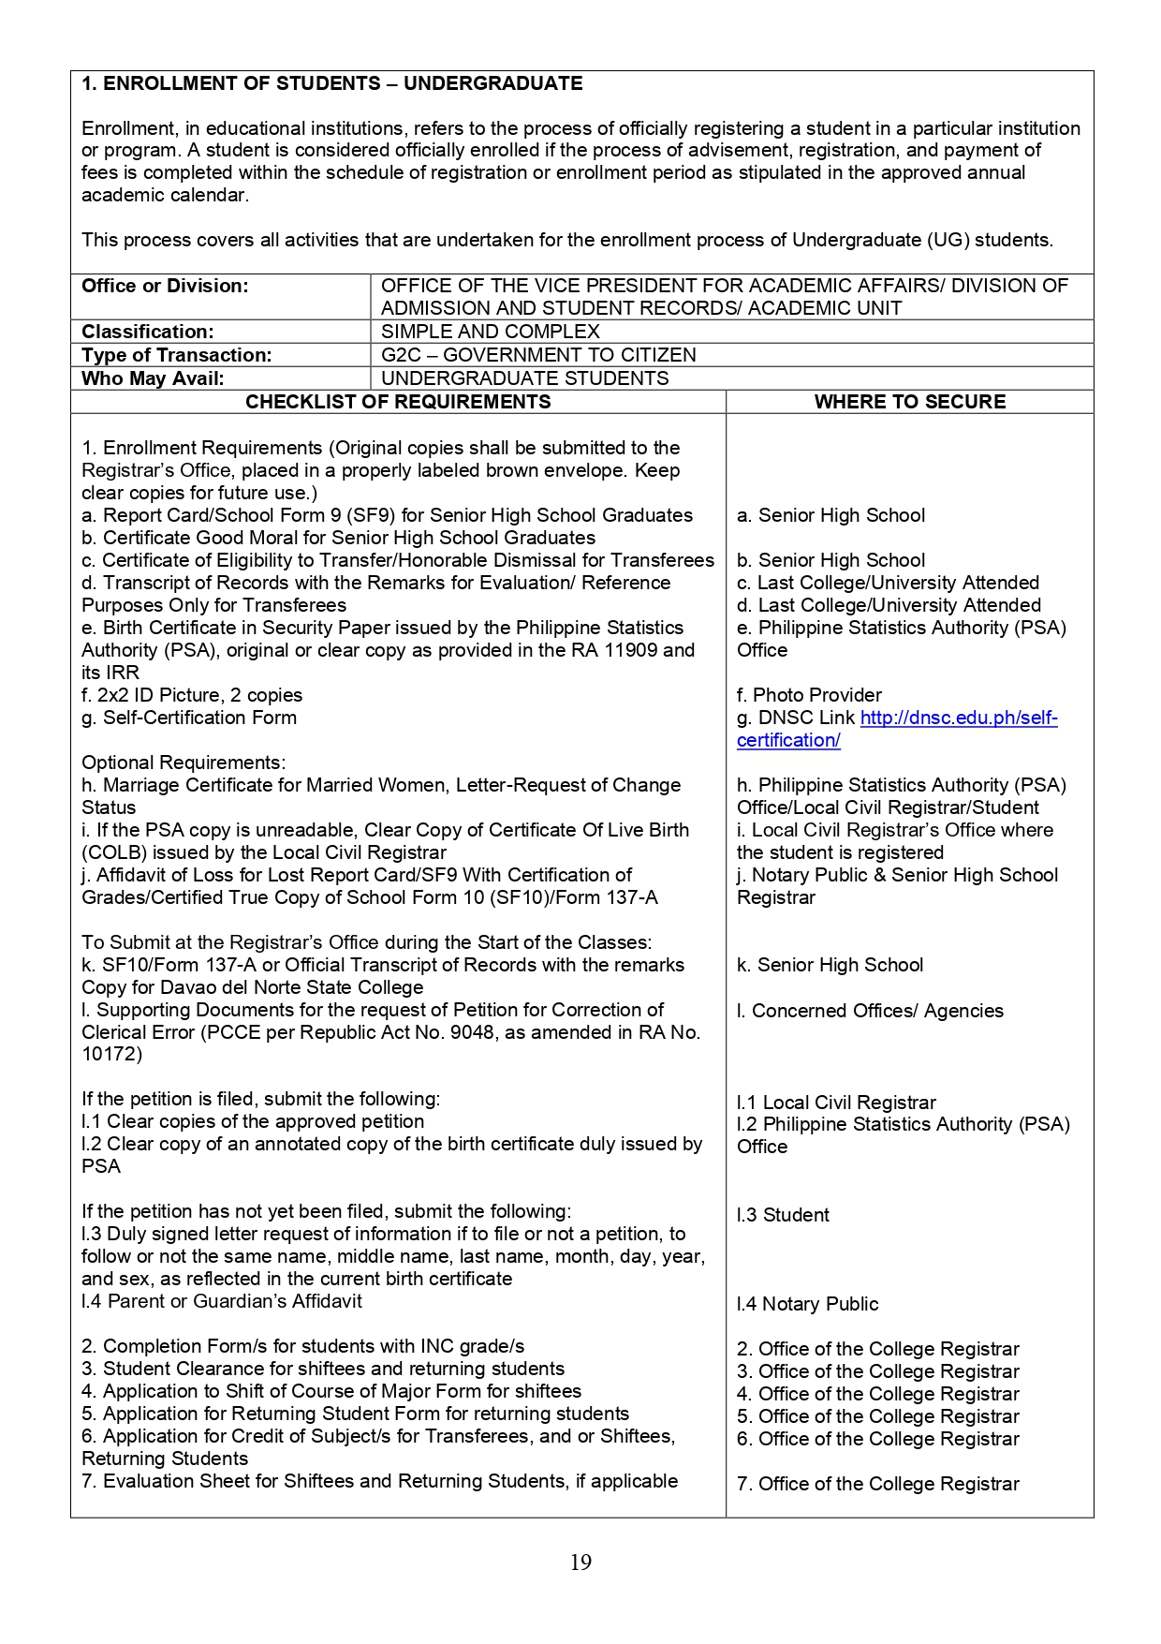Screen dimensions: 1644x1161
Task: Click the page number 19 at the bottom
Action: (580, 1562)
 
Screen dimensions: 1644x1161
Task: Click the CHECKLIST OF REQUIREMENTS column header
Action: (398, 402)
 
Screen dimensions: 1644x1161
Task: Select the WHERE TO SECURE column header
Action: (909, 402)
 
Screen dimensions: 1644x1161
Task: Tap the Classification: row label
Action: (148, 332)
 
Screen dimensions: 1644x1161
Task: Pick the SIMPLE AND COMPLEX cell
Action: (490, 332)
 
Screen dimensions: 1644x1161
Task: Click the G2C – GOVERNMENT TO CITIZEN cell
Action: (538, 355)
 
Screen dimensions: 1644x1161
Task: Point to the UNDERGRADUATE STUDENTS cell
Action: (524, 378)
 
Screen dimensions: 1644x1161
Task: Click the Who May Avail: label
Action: (153, 378)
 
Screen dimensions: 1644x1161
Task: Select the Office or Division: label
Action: (165, 286)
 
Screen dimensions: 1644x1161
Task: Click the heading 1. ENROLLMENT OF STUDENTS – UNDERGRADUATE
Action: (332, 83)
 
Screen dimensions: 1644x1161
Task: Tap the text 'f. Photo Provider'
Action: (809, 695)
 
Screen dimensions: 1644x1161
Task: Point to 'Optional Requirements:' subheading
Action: (184, 763)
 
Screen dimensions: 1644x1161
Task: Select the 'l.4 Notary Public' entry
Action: (807, 1304)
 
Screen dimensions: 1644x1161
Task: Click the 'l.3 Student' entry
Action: (783, 1215)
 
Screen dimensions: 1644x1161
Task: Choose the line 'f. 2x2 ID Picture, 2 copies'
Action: (192, 695)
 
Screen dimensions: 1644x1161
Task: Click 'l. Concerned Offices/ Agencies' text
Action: (870, 1011)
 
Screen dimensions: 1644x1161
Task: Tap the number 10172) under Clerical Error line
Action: (111, 1054)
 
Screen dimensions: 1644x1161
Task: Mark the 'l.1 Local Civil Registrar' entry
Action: (836, 1103)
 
